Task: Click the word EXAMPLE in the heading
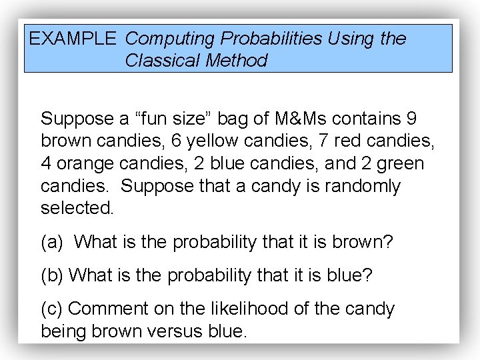point(73,39)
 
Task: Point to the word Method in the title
point(236,61)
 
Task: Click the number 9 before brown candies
point(411,119)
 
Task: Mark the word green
point(399,163)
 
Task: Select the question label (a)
point(52,241)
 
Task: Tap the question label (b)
point(52,275)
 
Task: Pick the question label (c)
point(52,309)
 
